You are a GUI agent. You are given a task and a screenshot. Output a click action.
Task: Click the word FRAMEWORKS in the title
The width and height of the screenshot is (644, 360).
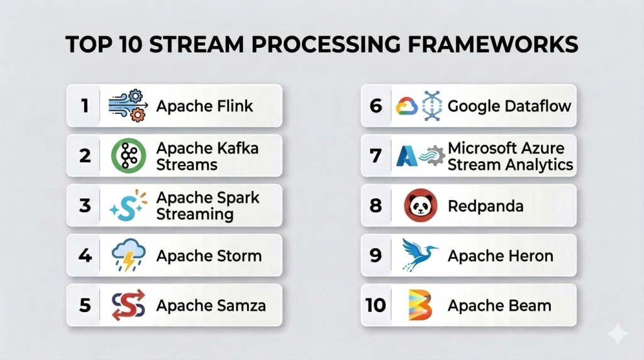point(492,45)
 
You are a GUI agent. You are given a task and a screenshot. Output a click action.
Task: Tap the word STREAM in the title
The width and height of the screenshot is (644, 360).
point(197,45)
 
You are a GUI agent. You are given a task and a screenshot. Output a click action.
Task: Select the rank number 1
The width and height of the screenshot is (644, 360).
point(85,106)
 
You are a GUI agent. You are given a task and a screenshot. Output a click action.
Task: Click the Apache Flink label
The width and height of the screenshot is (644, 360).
point(204,106)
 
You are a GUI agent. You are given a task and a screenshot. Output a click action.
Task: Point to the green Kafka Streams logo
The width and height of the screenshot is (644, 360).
point(128,155)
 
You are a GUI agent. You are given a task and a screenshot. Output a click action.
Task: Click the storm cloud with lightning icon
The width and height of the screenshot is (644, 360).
point(128,255)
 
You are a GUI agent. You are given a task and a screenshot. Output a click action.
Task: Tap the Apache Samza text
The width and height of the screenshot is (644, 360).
point(211,306)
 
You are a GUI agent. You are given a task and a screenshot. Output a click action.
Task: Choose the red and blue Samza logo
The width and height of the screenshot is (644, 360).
point(128,305)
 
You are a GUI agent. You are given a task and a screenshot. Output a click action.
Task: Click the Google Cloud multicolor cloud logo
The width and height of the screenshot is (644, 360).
point(407,106)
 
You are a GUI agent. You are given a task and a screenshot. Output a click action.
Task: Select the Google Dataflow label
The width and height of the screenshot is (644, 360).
point(509,106)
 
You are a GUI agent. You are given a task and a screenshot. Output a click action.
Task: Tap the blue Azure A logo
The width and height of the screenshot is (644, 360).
point(407,156)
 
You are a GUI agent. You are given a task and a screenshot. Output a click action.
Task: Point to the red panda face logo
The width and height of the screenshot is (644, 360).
point(420,205)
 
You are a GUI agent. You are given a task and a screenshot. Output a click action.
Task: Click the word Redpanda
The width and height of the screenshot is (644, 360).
point(486,206)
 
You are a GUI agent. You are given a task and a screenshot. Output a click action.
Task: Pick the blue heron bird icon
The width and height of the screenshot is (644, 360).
point(419,255)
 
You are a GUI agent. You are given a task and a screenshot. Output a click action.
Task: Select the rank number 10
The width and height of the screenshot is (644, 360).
point(375,305)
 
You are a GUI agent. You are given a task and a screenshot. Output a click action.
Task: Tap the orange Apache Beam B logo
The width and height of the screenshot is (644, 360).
point(420,305)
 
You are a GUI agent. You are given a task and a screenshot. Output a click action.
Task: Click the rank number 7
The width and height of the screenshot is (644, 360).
point(375,155)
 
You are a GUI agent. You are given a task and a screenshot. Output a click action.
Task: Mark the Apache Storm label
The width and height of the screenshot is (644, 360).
point(209,256)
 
